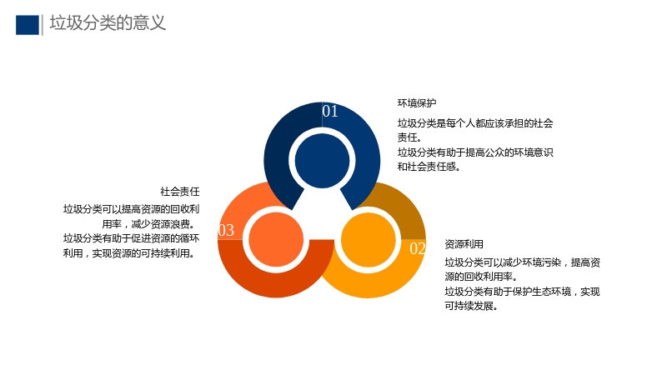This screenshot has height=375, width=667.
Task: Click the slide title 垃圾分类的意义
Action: click(108, 23)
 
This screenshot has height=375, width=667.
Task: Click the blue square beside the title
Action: click(28, 25)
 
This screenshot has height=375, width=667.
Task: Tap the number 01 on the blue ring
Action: click(330, 112)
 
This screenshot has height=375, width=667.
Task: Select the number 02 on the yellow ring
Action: click(418, 248)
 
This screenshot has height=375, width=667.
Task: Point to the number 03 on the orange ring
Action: click(226, 231)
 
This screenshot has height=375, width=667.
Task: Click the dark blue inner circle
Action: click(322, 161)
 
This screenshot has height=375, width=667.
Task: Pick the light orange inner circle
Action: click(276, 239)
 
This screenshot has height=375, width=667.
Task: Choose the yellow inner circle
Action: click(369, 240)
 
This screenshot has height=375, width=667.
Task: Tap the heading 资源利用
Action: click(464, 244)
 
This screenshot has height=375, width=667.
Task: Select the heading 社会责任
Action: click(180, 192)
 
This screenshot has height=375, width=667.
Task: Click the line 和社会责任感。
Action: click(429, 167)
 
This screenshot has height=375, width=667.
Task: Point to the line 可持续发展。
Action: click(471, 306)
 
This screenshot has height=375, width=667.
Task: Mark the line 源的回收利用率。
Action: click(482, 277)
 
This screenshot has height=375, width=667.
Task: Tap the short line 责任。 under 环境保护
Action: click(409, 137)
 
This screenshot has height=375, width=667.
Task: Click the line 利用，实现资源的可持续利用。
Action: click(130, 253)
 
